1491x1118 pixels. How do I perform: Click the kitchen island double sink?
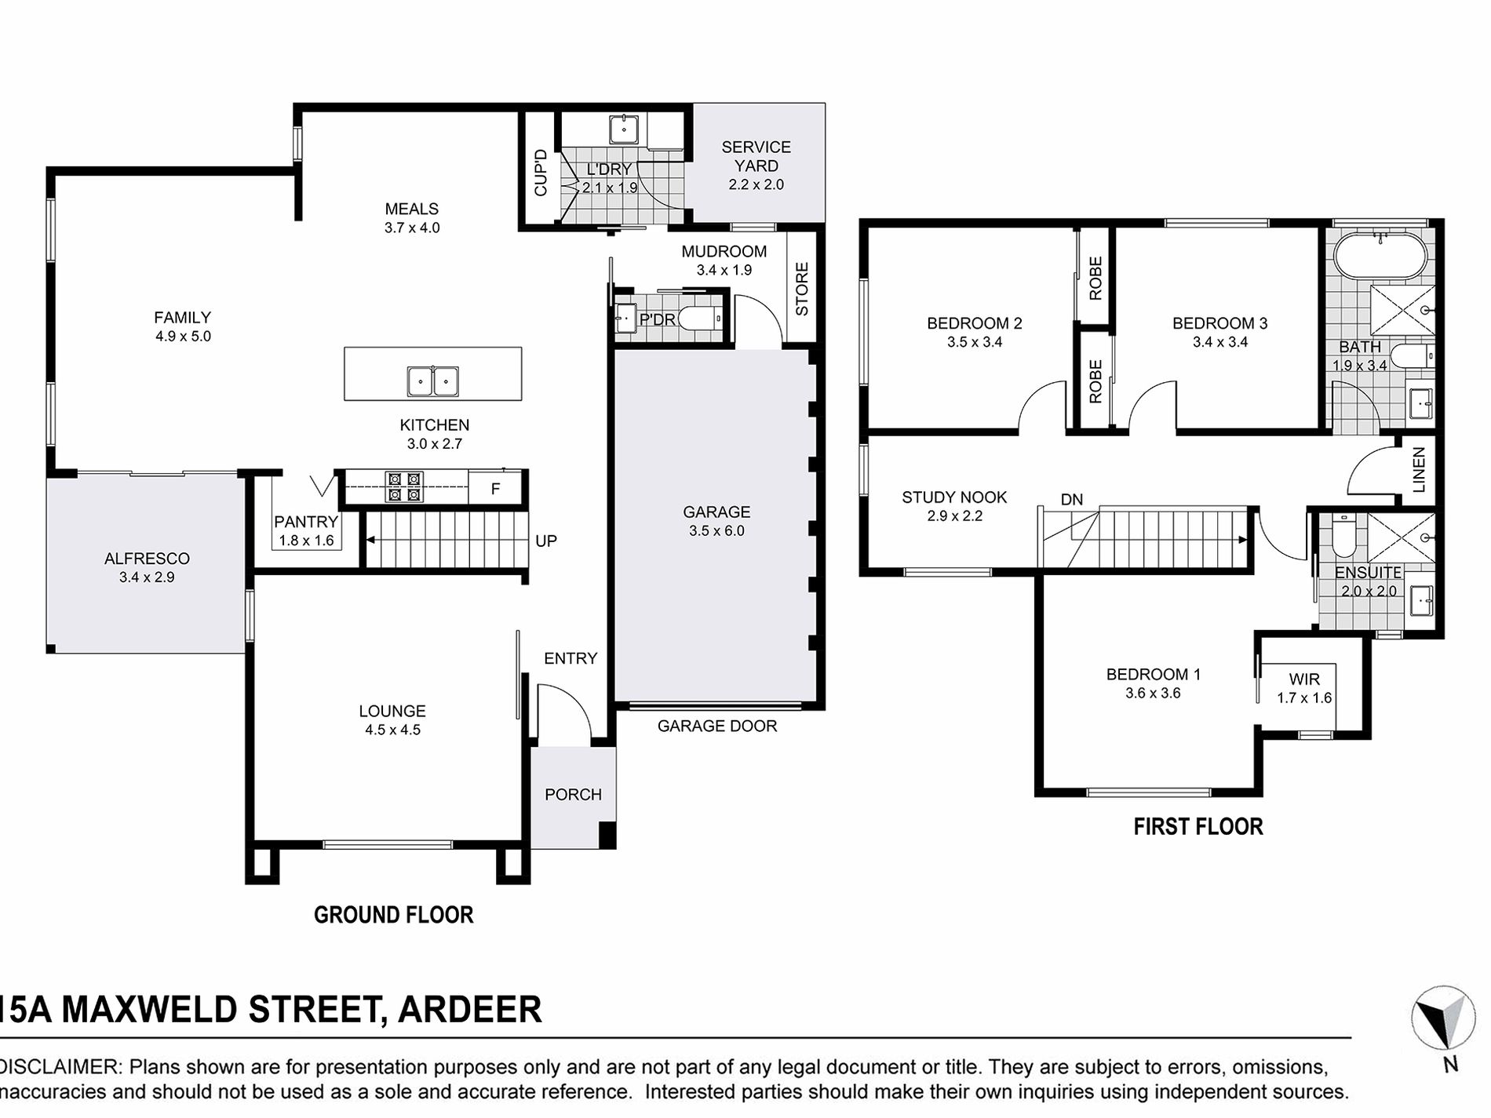[432, 382]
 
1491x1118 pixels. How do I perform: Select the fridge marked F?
[495, 488]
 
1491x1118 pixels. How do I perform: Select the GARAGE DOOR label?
[717, 727]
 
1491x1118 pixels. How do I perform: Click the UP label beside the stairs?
[546, 541]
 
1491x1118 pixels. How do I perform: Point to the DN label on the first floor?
[1071, 500]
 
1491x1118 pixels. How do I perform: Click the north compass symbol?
[1442, 1018]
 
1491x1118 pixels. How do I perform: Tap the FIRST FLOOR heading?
[1198, 827]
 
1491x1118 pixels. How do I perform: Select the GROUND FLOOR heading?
[393, 915]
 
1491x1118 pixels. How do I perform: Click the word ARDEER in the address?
[469, 1010]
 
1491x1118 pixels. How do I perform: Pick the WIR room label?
[1304, 679]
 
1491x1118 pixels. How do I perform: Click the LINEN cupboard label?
[1418, 469]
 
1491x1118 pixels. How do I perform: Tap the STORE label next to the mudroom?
[801, 290]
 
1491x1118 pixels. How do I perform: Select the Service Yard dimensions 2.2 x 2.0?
[756, 185]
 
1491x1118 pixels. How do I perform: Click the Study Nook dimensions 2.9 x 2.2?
[954, 516]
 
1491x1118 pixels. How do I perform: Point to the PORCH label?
[573, 795]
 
